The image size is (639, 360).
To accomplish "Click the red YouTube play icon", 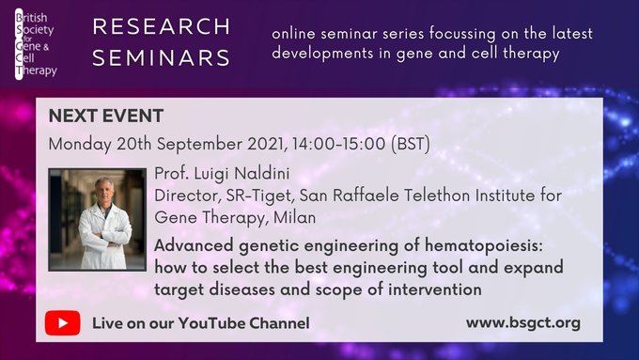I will pyautogui.click(x=62, y=323).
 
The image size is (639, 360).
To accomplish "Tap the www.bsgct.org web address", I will pyautogui.click(x=522, y=323).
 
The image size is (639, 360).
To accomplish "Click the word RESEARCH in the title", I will pyautogui.click(x=161, y=26).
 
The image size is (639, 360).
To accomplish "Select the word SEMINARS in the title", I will pyautogui.click(x=161, y=57).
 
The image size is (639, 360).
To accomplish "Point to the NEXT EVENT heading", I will pyautogui.click(x=105, y=117).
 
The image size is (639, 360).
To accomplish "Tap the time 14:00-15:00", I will pyautogui.click(x=337, y=146).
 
